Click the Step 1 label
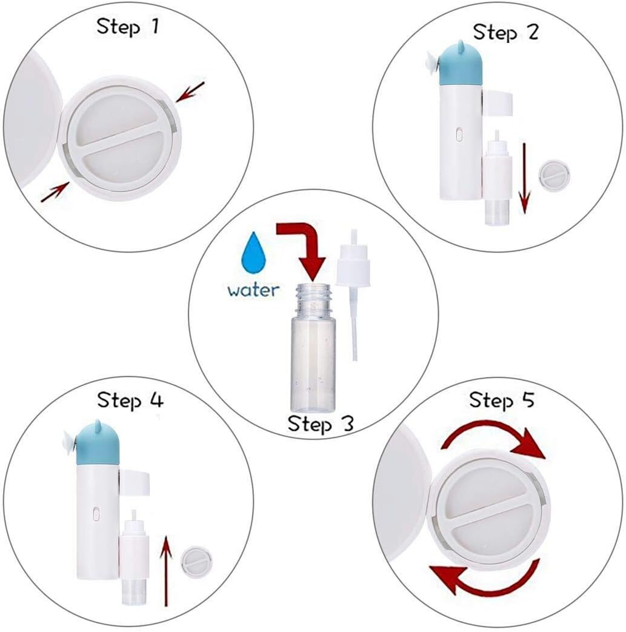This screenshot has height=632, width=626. click(127, 27)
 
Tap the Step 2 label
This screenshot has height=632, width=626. click(505, 32)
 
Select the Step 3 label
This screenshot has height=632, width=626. click(321, 423)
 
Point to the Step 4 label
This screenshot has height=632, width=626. click(130, 400)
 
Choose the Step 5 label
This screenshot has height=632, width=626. click(501, 400)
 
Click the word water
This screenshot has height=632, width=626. click(253, 290)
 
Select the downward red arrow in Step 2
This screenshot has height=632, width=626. click(524, 178)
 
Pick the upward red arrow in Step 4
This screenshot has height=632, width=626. click(165, 571)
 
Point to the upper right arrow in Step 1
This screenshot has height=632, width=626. click(191, 91)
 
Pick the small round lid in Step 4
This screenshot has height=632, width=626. click(196, 562)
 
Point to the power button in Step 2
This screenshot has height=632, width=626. click(459, 135)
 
